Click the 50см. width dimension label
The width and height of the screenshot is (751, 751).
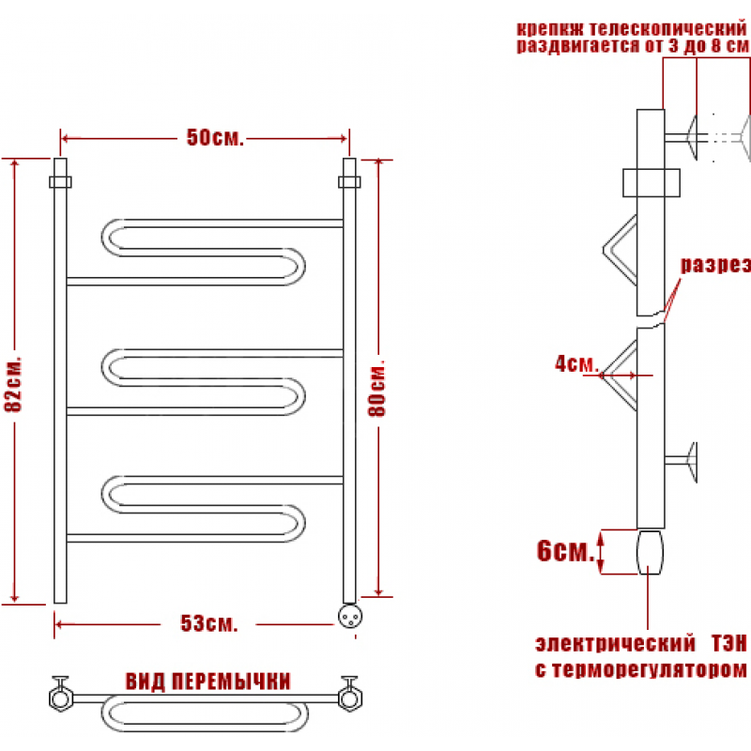coord(215,137)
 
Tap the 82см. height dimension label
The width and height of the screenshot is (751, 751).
coord(13,384)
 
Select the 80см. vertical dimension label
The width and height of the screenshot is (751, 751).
coord(377,389)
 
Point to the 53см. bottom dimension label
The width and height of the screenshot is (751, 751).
coord(208,623)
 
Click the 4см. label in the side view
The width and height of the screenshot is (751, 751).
coord(576,364)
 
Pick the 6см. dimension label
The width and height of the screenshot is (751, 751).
coord(565,551)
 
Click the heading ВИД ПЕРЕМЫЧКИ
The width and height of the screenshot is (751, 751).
coord(207,682)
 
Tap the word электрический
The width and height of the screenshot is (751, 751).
coord(615,644)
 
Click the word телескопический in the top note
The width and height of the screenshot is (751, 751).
coord(668,29)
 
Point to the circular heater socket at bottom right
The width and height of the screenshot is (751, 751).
coord(350,616)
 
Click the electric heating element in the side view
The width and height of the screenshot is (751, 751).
coord(650,552)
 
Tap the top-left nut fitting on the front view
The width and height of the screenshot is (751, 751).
coord(60,182)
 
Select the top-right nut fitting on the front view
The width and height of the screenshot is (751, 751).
coord(349,182)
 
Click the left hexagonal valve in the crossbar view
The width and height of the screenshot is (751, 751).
coord(61,697)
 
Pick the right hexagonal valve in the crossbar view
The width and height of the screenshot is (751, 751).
coord(350,697)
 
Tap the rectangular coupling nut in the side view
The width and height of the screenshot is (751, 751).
coord(651,182)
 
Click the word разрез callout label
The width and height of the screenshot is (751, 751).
coord(715,265)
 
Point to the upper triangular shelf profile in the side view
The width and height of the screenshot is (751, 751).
coord(621,250)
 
